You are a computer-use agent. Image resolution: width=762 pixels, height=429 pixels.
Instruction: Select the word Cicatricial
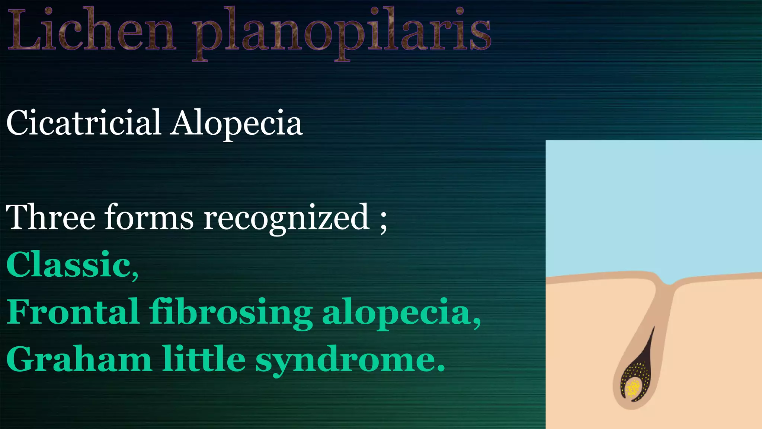tap(84, 123)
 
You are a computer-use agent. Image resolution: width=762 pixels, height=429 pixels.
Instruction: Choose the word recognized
tap(286, 220)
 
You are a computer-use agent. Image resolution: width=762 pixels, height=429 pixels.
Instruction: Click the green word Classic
tap(69, 264)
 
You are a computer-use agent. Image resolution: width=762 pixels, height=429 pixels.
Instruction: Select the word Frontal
tap(73, 311)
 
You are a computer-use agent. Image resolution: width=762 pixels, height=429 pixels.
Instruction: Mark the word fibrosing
tap(231, 313)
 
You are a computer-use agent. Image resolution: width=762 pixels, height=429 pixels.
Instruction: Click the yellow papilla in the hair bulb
tap(633, 387)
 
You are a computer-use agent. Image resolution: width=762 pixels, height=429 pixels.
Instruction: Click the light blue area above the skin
tap(651, 205)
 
